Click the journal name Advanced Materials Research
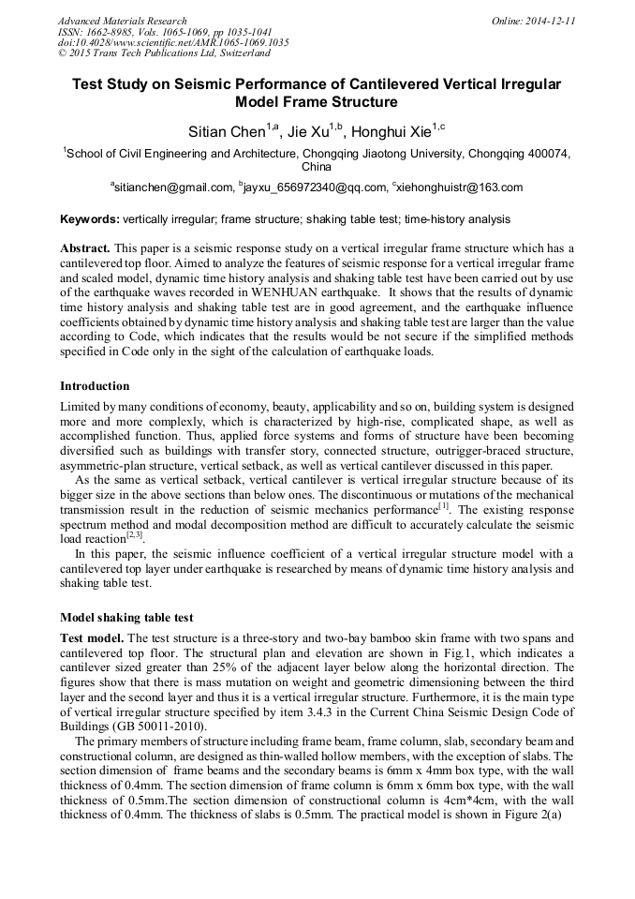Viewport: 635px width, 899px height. click(123, 21)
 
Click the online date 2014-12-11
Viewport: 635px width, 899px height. click(552, 21)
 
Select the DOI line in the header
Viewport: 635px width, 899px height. click(173, 43)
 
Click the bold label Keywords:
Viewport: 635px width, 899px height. click(89, 219)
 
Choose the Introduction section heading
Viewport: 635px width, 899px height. click(95, 386)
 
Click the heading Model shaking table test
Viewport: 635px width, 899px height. click(126, 618)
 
